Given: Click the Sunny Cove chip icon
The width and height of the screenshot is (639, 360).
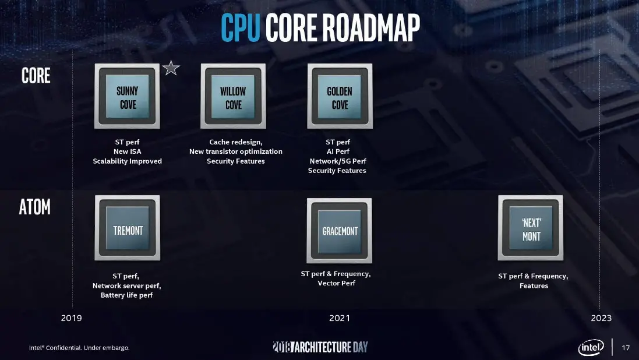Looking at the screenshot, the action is pyautogui.click(x=127, y=96).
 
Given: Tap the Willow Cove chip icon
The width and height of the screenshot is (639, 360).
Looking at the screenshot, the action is pyautogui.click(x=233, y=96).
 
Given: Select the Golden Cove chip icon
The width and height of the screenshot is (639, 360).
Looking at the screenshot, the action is pyautogui.click(x=340, y=96).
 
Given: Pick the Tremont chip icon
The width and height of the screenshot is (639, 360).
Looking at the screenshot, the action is pyautogui.click(x=127, y=228).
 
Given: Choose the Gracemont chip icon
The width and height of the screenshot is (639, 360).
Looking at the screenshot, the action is pyautogui.click(x=340, y=231).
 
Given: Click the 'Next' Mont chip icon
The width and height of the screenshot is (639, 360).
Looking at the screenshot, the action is pyautogui.click(x=531, y=228).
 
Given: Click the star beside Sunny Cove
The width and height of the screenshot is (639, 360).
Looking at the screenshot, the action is pyautogui.click(x=171, y=68).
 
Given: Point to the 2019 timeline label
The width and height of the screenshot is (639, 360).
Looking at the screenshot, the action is pyautogui.click(x=71, y=318).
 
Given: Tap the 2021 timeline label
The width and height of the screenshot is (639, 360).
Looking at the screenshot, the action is pyautogui.click(x=340, y=318).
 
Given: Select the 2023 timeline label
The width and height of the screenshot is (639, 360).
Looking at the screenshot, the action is pyautogui.click(x=601, y=318).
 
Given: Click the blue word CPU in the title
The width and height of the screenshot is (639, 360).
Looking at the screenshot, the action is pyautogui.click(x=241, y=28).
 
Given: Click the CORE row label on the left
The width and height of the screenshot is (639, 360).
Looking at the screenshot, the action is pyautogui.click(x=36, y=76).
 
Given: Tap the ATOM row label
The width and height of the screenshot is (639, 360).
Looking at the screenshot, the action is pyautogui.click(x=34, y=207).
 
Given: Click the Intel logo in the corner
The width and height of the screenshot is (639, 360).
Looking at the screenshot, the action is pyautogui.click(x=591, y=347).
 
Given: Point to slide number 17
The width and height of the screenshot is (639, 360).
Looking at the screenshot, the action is pyautogui.click(x=626, y=348).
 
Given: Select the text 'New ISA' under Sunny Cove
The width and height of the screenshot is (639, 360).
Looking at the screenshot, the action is pyautogui.click(x=127, y=151).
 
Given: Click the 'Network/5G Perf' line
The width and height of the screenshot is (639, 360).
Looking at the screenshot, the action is pyautogui.click(x=338, y=161).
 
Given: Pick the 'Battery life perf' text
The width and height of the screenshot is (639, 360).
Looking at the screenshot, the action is pyautogui.click(x=127, y=295).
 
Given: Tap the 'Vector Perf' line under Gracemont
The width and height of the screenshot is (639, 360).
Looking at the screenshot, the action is pyautogui.click(x=337, y=283).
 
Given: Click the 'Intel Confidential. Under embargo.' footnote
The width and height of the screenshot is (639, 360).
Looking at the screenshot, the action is pyautogui.click(x=79, y=348).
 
